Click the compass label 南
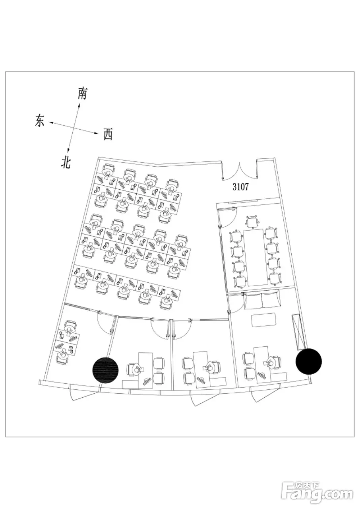coord(82,93)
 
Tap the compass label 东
coord(39,120)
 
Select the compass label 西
coord(108,134)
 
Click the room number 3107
coord(241,187)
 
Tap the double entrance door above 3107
coord(240,171)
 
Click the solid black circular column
coord(309,361)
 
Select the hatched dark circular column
coord(106,370)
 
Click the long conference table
coord(255,257)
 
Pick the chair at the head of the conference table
coord(252,221)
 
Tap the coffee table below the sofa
coord(263,320)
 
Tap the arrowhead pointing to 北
coord(68,150)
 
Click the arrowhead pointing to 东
coord(51,123)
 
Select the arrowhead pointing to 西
coord(97,133)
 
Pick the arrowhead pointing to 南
coord(79,105)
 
